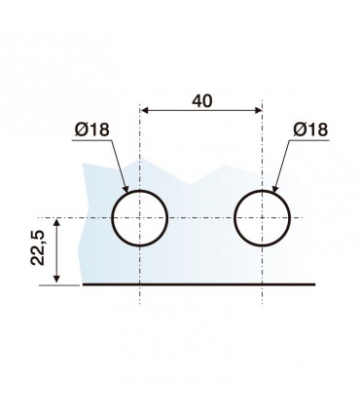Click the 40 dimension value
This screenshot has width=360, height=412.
point(202,101)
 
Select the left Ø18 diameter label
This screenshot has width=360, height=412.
point(92,130)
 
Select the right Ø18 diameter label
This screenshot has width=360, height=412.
point(310,130)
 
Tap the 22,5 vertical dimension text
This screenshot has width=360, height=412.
point(37,247)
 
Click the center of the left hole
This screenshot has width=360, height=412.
point(140,218)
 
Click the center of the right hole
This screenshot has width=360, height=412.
point(262,218)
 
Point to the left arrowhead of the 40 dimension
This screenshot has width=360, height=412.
point(145,111)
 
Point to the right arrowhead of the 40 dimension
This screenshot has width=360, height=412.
point(258,111)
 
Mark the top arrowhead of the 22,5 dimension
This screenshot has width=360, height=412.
point(56,223)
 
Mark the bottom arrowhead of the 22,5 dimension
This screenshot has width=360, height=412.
point(56,278)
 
